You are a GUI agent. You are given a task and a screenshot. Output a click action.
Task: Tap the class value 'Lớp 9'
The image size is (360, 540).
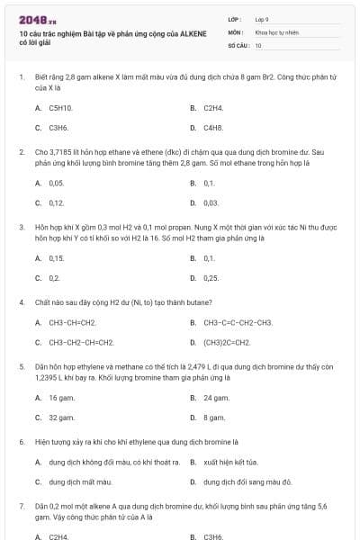(262, 18)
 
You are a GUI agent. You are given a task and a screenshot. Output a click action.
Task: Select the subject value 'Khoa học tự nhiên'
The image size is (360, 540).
(276, 31)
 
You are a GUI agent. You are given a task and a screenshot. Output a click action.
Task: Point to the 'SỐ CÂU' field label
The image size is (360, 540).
(238, 44)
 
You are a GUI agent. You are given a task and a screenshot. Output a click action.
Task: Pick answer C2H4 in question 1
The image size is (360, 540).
(212, 108)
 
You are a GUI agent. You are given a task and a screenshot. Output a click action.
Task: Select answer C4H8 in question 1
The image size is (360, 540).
(212, 128)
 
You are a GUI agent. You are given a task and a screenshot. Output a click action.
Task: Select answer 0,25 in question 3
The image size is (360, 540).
(211, 278)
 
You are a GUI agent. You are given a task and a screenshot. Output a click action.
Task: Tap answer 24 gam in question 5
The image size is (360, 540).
(216, 397)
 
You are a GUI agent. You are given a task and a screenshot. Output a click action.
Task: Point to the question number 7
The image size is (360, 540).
(21, 508)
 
